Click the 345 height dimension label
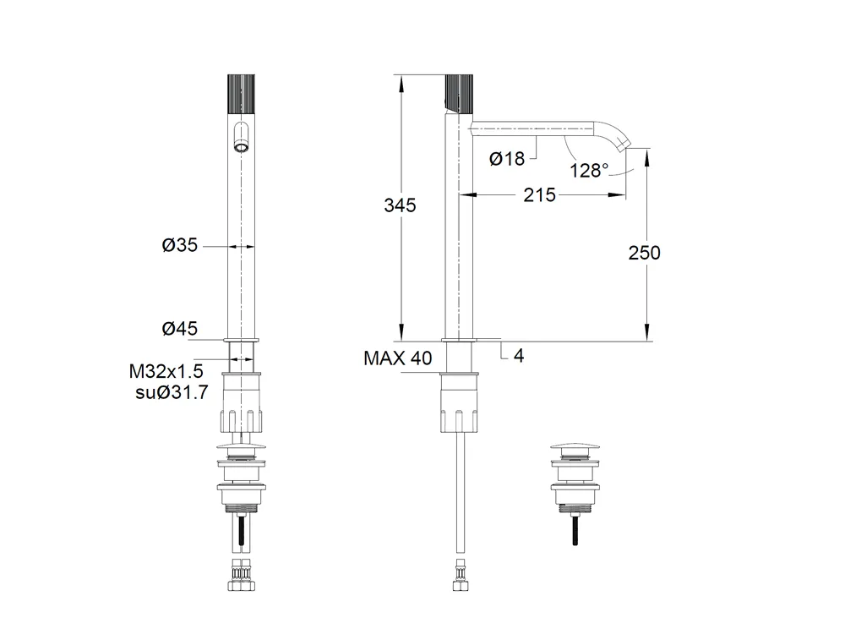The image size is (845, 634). click(400, 205)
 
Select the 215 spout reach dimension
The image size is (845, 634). click(539, 194)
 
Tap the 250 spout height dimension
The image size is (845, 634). click(644, 253)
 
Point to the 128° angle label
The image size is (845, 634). click(588, 171)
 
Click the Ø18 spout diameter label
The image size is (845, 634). click(506, 159)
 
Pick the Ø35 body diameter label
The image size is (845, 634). click(179, 245)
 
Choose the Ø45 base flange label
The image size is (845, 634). click(179, 328)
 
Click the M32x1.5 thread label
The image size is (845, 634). click(166, 371)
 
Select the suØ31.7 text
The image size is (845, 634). click(172, 392)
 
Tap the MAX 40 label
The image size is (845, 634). click(398, 358)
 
